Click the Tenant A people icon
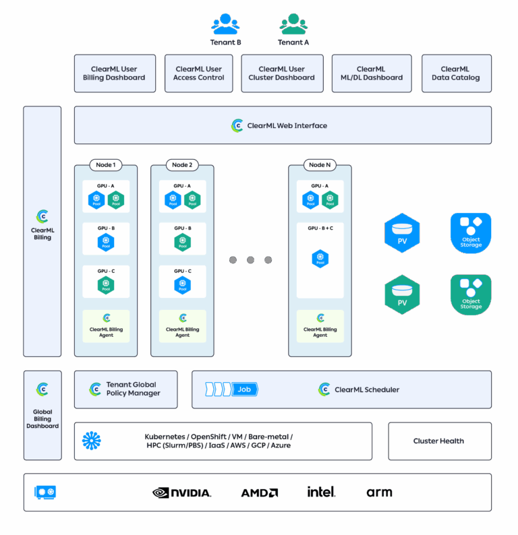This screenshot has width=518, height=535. click(x=293, y=24)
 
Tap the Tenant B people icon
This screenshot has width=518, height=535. click(x=225, y=24)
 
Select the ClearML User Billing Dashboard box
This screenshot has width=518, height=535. click(x=115, y=73)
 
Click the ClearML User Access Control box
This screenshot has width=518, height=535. click(x=198, y=73)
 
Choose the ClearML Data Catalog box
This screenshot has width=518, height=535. click(x=456, y=73)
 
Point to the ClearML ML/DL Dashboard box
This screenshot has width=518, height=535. click(x=371, y=73)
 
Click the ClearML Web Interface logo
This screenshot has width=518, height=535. click(x=237, y=125)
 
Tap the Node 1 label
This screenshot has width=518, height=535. click(x=105, y=165)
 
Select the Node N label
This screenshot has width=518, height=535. click(x=320, y=165)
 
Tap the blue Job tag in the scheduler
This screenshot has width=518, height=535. click(x=245, y=389)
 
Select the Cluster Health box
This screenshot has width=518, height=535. click(x=438, y=441)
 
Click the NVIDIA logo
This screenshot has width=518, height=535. click(x=182, y=493)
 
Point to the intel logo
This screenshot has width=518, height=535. click(x=321, y=492)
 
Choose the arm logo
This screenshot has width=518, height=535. click(x=379, y=493)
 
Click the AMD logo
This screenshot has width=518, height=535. click(x=260, y=493)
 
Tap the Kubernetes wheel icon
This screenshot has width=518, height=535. click(x=92, y=441)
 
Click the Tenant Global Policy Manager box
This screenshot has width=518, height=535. click(x=125, y=389)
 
